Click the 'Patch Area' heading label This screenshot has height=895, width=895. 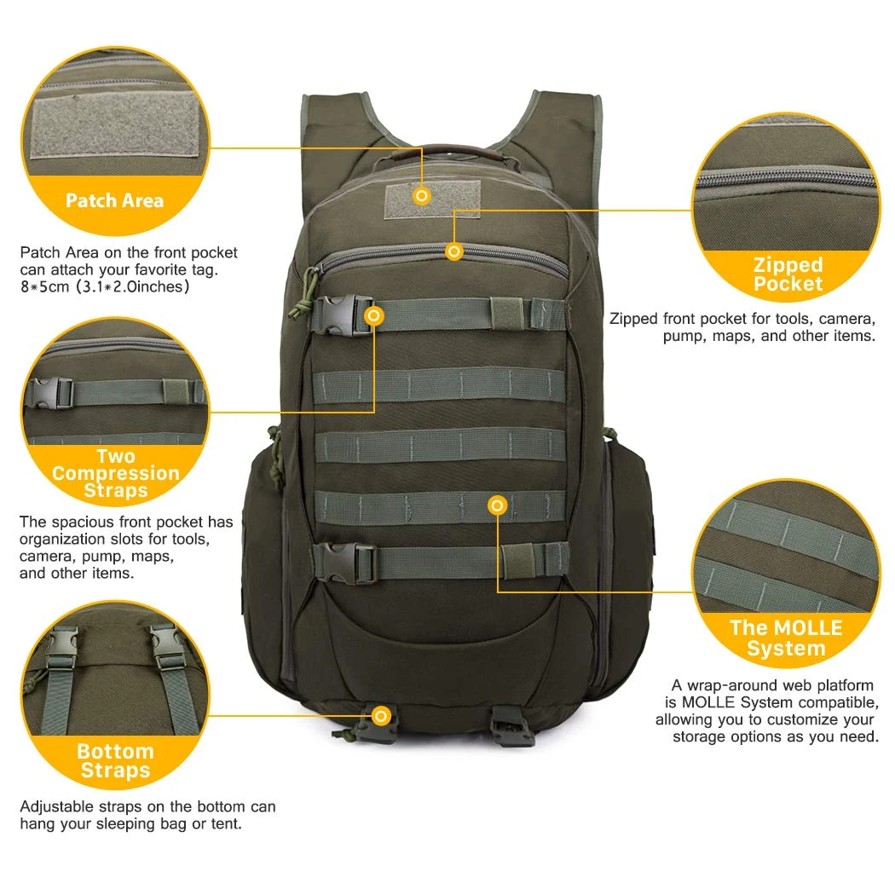[x=114, y=200]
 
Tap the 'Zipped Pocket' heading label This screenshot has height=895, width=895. [x=788, y=274]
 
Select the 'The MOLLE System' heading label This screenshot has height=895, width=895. [x=786, y=638]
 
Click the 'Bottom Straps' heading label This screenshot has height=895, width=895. [x=115, y=760]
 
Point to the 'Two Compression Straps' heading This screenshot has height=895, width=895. [x=116, y=473]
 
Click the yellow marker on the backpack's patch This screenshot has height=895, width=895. [x=422, y=196]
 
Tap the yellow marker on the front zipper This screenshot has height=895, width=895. [x=454, y=251]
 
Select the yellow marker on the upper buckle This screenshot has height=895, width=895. [x=374, y=315]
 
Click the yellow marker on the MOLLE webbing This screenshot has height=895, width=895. [x=498, y=505]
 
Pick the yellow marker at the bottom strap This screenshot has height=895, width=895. [x=381, y=715]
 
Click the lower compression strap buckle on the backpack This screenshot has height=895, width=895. [x=345, y=563]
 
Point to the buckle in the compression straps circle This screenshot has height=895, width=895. [x=49, y=393]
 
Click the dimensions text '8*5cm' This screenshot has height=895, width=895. [x=44, y=286]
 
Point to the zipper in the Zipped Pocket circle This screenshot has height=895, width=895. [x=787, y=177]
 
